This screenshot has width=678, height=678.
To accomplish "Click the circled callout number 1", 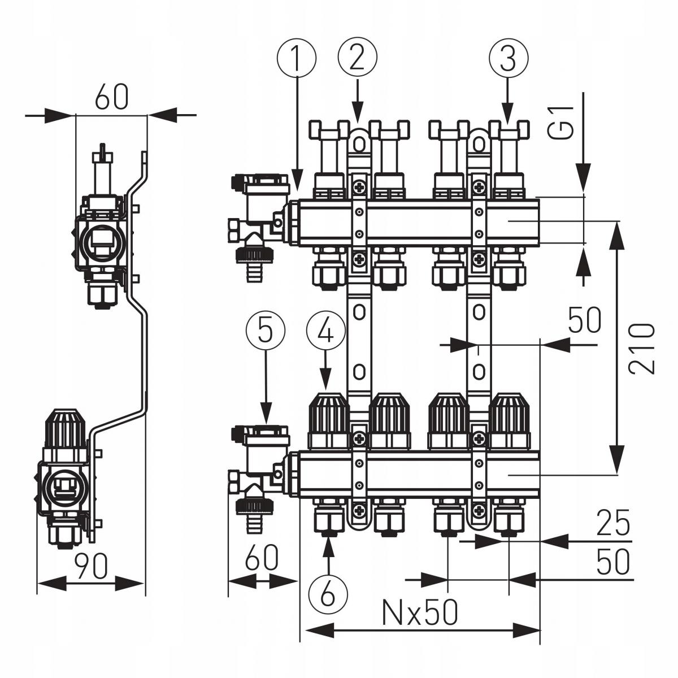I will [296, 58].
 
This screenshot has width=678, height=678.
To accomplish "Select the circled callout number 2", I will [357, 58].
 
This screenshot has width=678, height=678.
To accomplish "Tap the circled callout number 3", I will [507, 58].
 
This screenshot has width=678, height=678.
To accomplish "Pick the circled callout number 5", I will [266, 332].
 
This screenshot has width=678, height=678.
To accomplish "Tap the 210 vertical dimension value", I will [642, 348].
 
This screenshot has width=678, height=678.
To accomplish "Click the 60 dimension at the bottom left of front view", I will [261, 558].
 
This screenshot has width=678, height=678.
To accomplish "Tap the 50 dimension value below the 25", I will [612, 562].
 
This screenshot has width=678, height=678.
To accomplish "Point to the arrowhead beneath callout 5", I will [266, 415].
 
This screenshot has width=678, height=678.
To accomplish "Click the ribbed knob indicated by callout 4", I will [328, 415].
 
